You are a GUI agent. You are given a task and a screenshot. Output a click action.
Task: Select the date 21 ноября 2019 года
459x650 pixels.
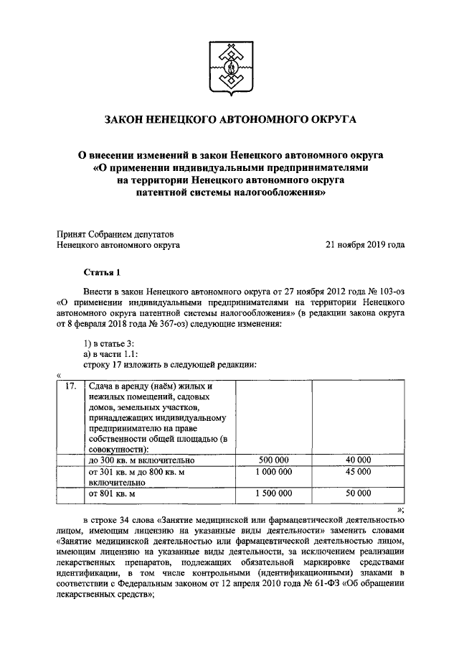pyautogui.click(x=365, y=244)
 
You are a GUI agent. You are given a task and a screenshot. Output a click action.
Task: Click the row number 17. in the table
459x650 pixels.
pyautogui.click(x=70, y=386)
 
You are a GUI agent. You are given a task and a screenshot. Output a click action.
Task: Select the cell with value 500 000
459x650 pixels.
pyautogui.click(x=274, y=460)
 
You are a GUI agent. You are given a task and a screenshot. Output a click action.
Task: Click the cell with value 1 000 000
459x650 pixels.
pyautogui.click(x=274, y=472)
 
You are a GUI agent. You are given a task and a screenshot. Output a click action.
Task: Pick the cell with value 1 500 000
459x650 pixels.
pyautogui.click(x=274, y=495)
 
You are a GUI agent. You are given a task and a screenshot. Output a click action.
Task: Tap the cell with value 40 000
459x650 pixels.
pyautogui.click(x=357, y=460)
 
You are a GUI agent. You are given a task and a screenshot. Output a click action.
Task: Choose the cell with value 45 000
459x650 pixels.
pyautogui.click(x=357, y=472)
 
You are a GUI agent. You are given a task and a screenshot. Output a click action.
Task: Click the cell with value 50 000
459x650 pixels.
pyautogui.click(x=357, y=495)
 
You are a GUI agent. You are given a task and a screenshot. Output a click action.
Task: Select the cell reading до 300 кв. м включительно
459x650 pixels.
pyautogui.click(x=141, y=460)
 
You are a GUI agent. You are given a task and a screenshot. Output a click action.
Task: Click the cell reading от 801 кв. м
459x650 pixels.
pyautogui.click(x=111, y=495)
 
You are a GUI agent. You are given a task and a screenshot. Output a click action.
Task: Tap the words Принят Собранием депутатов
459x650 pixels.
pyautogui.click(x=115, y=233)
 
